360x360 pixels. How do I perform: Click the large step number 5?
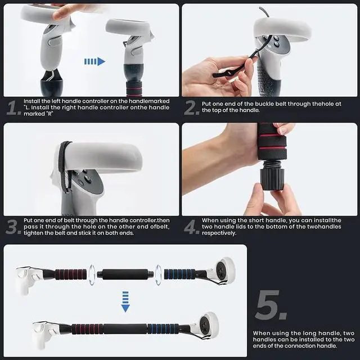272,307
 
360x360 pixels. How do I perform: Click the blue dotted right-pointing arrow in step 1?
94,61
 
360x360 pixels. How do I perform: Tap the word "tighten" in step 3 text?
35,232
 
